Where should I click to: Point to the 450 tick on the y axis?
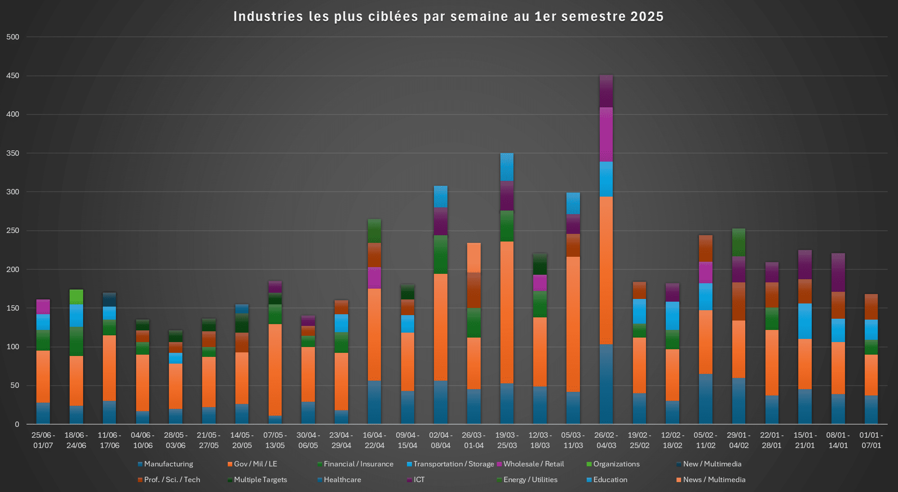(13, 76)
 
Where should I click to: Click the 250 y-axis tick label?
(13, 231)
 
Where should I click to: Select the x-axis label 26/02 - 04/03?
(606, 440)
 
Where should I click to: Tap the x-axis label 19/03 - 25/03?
(507, 440)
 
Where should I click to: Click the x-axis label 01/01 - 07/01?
(871, 440)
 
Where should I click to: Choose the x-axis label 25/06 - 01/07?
(43, 440)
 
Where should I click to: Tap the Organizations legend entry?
(616, 464)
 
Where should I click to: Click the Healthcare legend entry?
(342, 480)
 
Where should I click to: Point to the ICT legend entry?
(419, 480)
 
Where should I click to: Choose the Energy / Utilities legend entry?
(530, 480)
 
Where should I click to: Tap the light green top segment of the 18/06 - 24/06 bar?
(76, 296)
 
